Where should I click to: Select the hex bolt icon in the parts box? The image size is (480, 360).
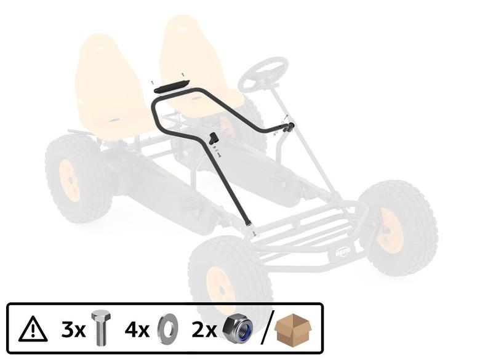coord(100,329)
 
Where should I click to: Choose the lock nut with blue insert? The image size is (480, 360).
coord(238,329)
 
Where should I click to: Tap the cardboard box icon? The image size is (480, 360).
coord(293,329)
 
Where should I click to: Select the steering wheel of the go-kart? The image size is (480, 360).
coord(263,74)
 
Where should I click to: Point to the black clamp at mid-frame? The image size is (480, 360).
coord(214,138)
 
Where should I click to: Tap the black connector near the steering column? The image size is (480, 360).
coord(288,127)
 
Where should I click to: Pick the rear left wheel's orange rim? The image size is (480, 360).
coord(70,180)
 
